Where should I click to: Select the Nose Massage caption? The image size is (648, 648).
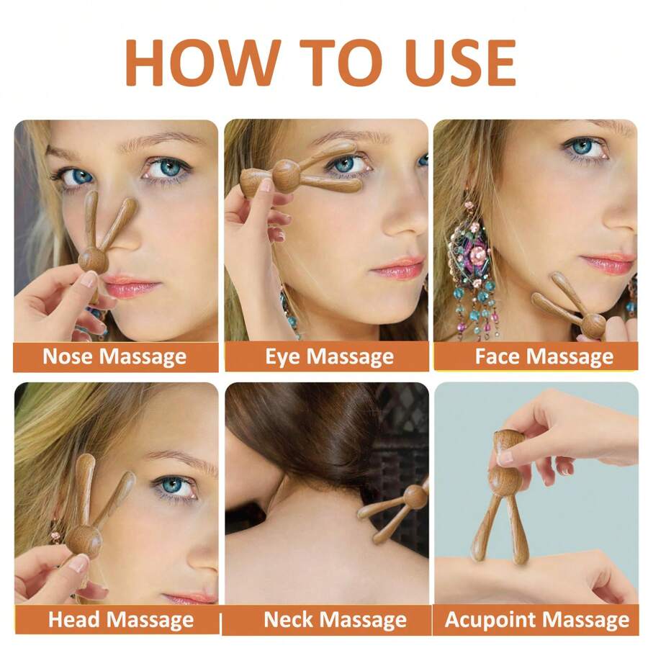click(x=114, y=356)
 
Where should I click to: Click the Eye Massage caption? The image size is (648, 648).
click(x=329, y=356)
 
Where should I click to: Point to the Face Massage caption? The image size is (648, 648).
click(x=544, y=356)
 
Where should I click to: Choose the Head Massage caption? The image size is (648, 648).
click(x=121, y=619)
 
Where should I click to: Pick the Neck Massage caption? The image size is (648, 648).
click(x=335, y=619)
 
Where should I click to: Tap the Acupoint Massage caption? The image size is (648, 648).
click(x=537, y=619)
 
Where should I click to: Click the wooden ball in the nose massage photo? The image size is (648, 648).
click(x=94, y=259)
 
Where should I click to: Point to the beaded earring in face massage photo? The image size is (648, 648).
click(x=474, y=264)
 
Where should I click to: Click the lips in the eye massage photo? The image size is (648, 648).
click(x=397, y=267)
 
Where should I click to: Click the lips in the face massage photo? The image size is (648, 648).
click(x=608, y=264)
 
